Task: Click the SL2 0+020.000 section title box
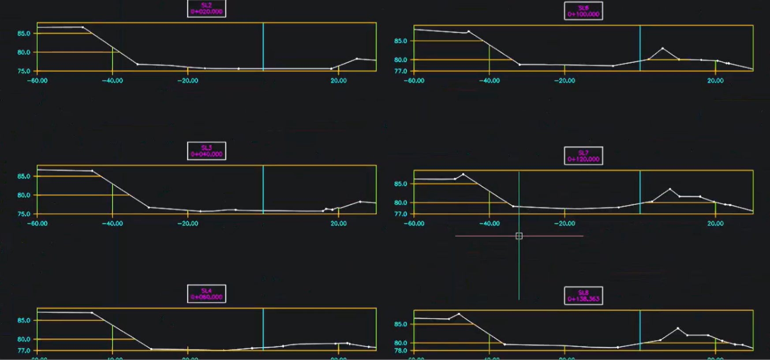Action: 206,8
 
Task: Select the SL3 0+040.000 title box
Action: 206,151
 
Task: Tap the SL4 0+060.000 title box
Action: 206,294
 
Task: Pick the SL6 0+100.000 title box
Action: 583,11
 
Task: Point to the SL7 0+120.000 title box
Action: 583,156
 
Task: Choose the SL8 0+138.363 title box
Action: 583,296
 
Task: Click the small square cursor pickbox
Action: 519,236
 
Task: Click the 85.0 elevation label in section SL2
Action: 24,34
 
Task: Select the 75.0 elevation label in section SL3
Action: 24,214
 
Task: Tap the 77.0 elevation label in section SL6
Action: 400,71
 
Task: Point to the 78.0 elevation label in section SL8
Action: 400,351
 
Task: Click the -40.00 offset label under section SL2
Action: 112,81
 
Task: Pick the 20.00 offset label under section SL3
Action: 338,224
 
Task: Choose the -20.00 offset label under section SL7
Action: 564,224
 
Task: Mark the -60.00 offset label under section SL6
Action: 414,81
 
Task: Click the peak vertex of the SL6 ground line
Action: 662,48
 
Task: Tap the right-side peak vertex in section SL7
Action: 670,189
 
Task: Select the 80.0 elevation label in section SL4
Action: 24,339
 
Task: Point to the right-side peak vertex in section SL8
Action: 678,328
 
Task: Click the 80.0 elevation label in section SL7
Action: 400,203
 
